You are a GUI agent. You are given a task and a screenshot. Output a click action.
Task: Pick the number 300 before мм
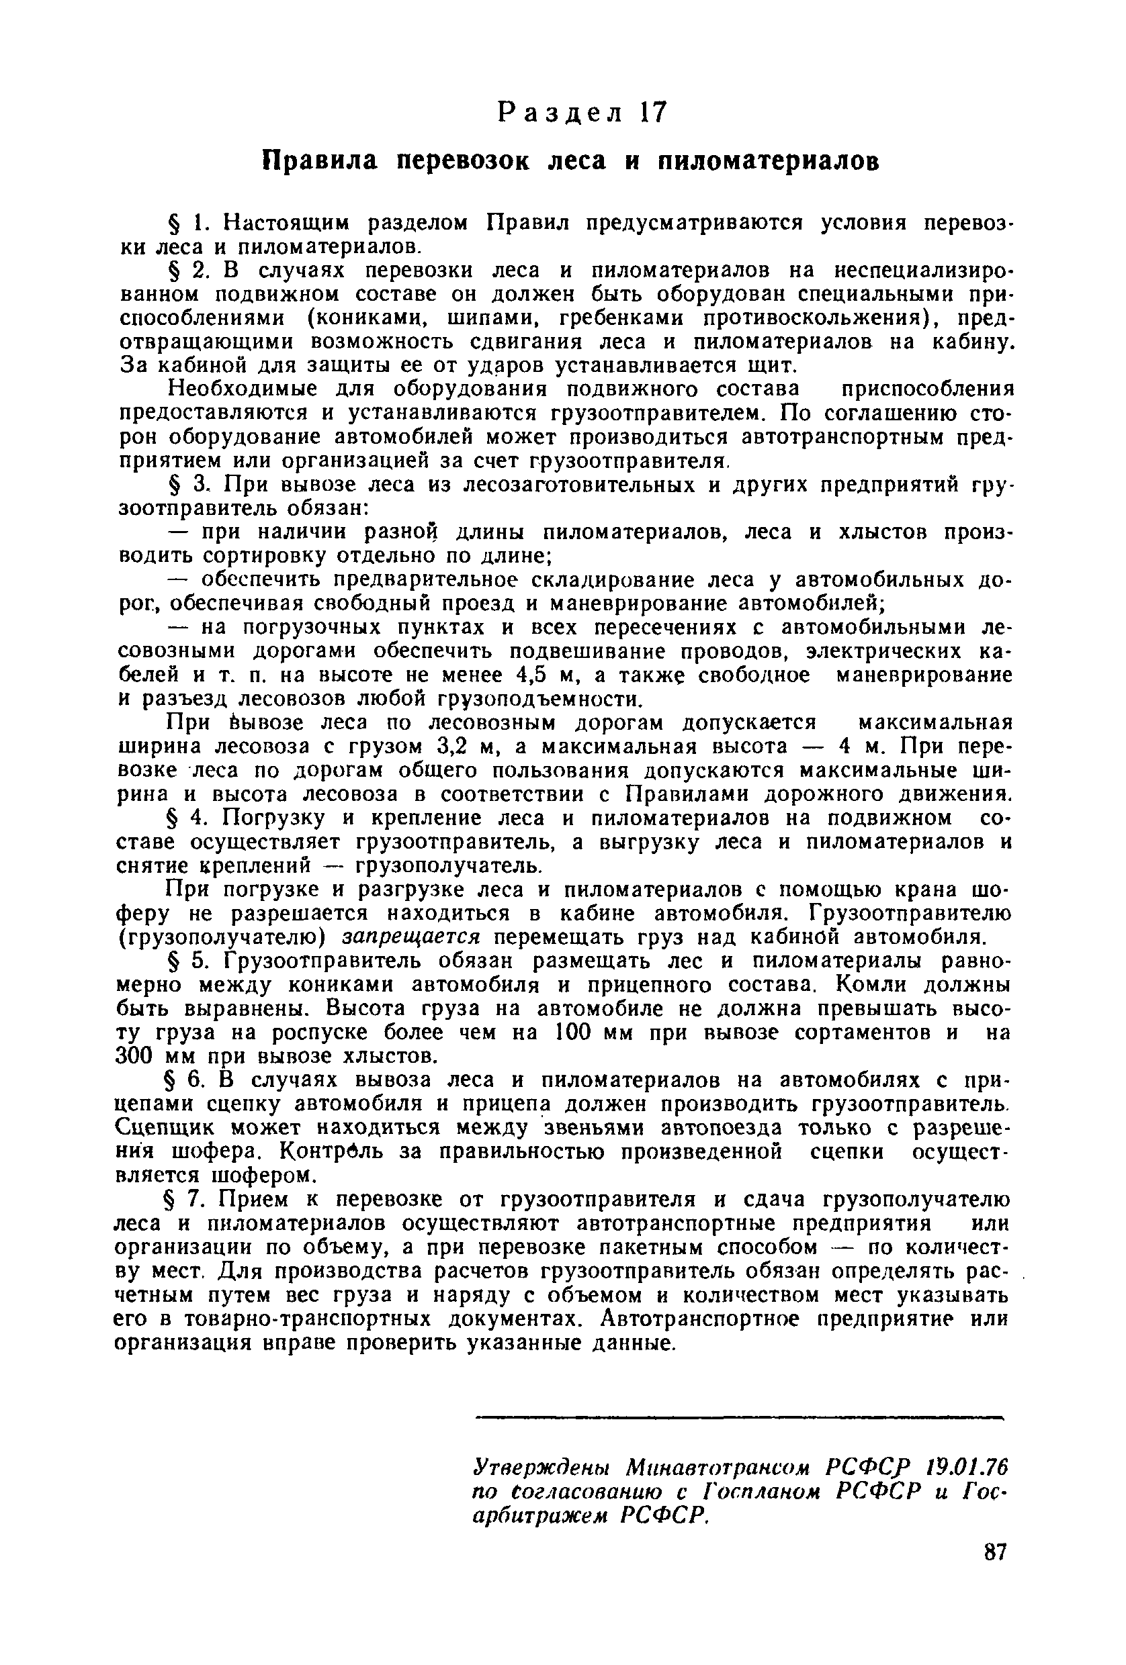click(x=136, y=1056)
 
